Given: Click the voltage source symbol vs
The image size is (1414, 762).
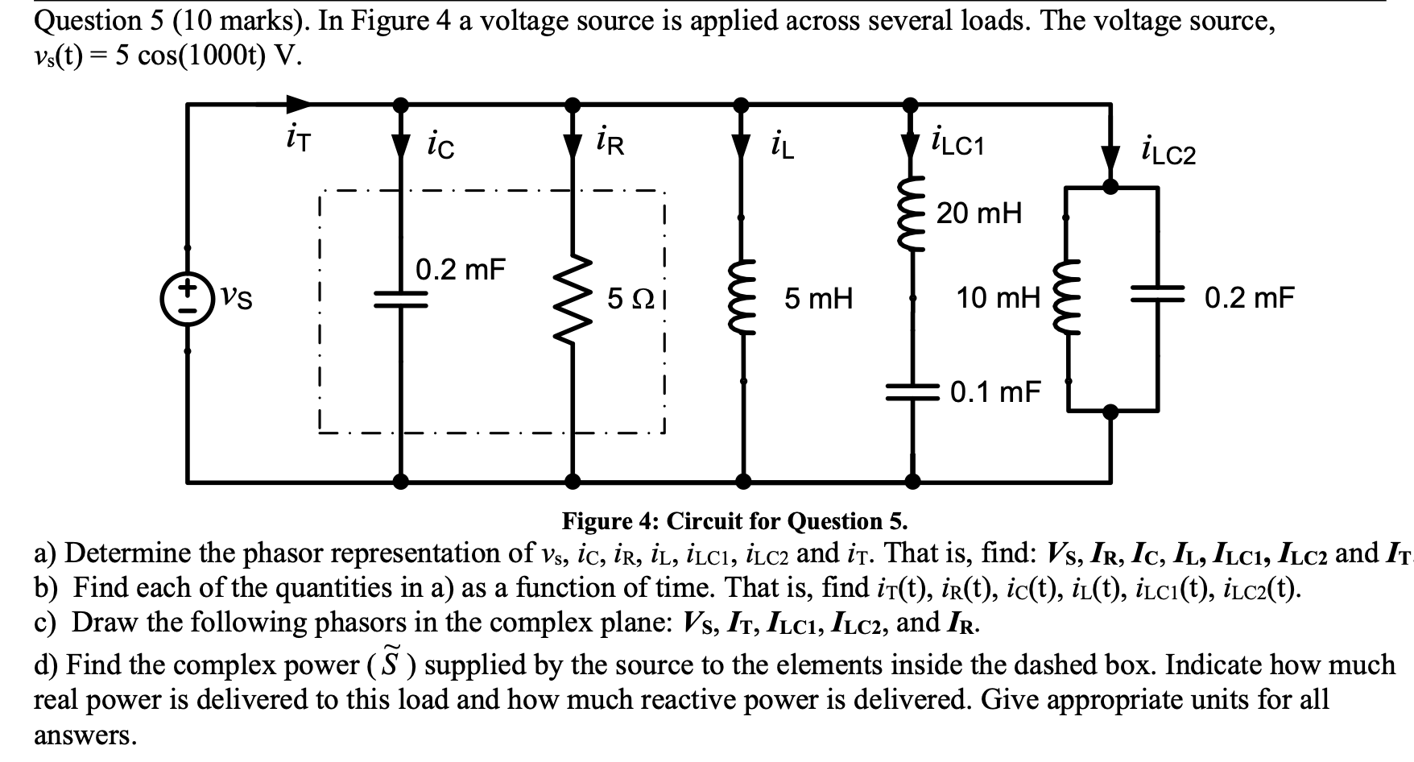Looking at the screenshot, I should tap(188, 298).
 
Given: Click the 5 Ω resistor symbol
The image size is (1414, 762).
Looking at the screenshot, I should tap(573, 299).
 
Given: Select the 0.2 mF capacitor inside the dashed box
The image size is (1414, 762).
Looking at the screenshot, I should tap(400, 299).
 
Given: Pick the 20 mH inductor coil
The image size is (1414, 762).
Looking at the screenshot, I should tap(912, 213).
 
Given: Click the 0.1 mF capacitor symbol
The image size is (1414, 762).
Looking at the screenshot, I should tap(912, 392).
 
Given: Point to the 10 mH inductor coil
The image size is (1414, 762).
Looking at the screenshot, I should tap(1068, 299).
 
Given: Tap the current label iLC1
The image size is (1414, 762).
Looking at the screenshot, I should tap(957, 145).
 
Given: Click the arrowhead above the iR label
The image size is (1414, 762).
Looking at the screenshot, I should tap(573, 143).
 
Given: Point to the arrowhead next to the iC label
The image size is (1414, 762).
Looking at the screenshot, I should tap(400, 143).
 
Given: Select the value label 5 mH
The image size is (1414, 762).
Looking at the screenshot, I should tap(818, 300).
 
